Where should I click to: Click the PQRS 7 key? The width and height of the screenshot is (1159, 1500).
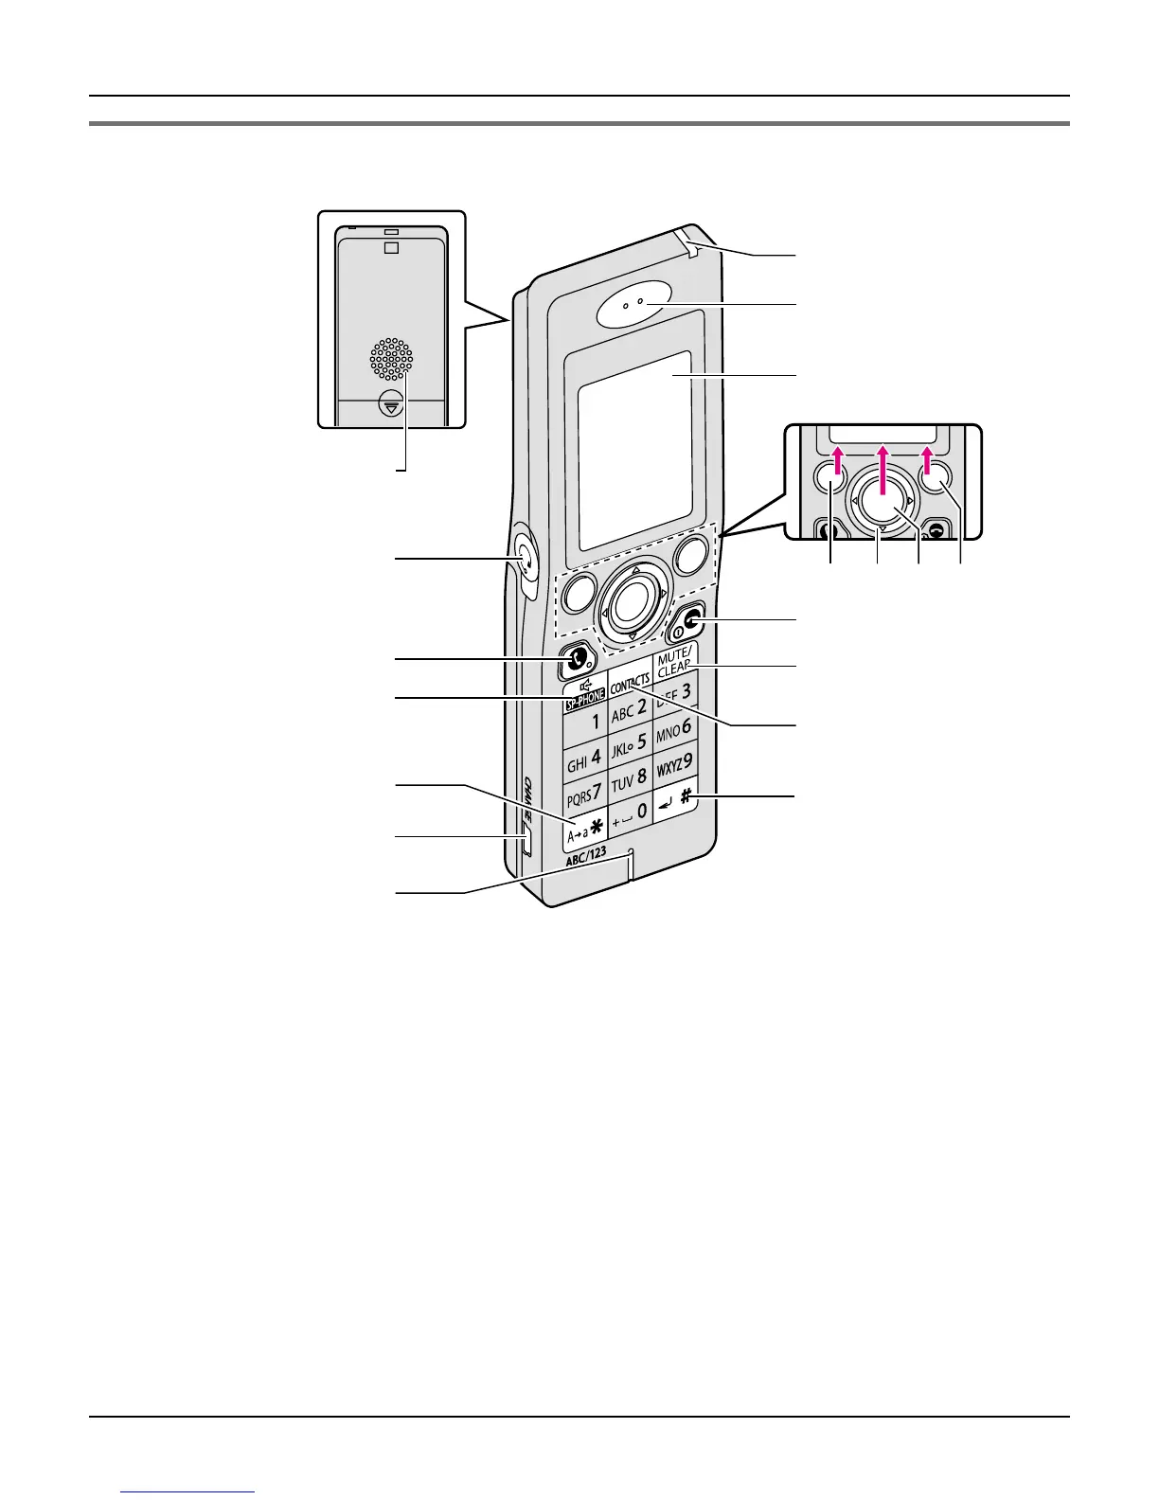[585, 791]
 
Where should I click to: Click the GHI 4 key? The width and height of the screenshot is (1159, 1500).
[584, 759]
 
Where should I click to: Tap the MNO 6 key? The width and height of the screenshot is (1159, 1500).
[674, 730]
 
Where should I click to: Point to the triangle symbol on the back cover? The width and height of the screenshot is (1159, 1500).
[391, 404]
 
